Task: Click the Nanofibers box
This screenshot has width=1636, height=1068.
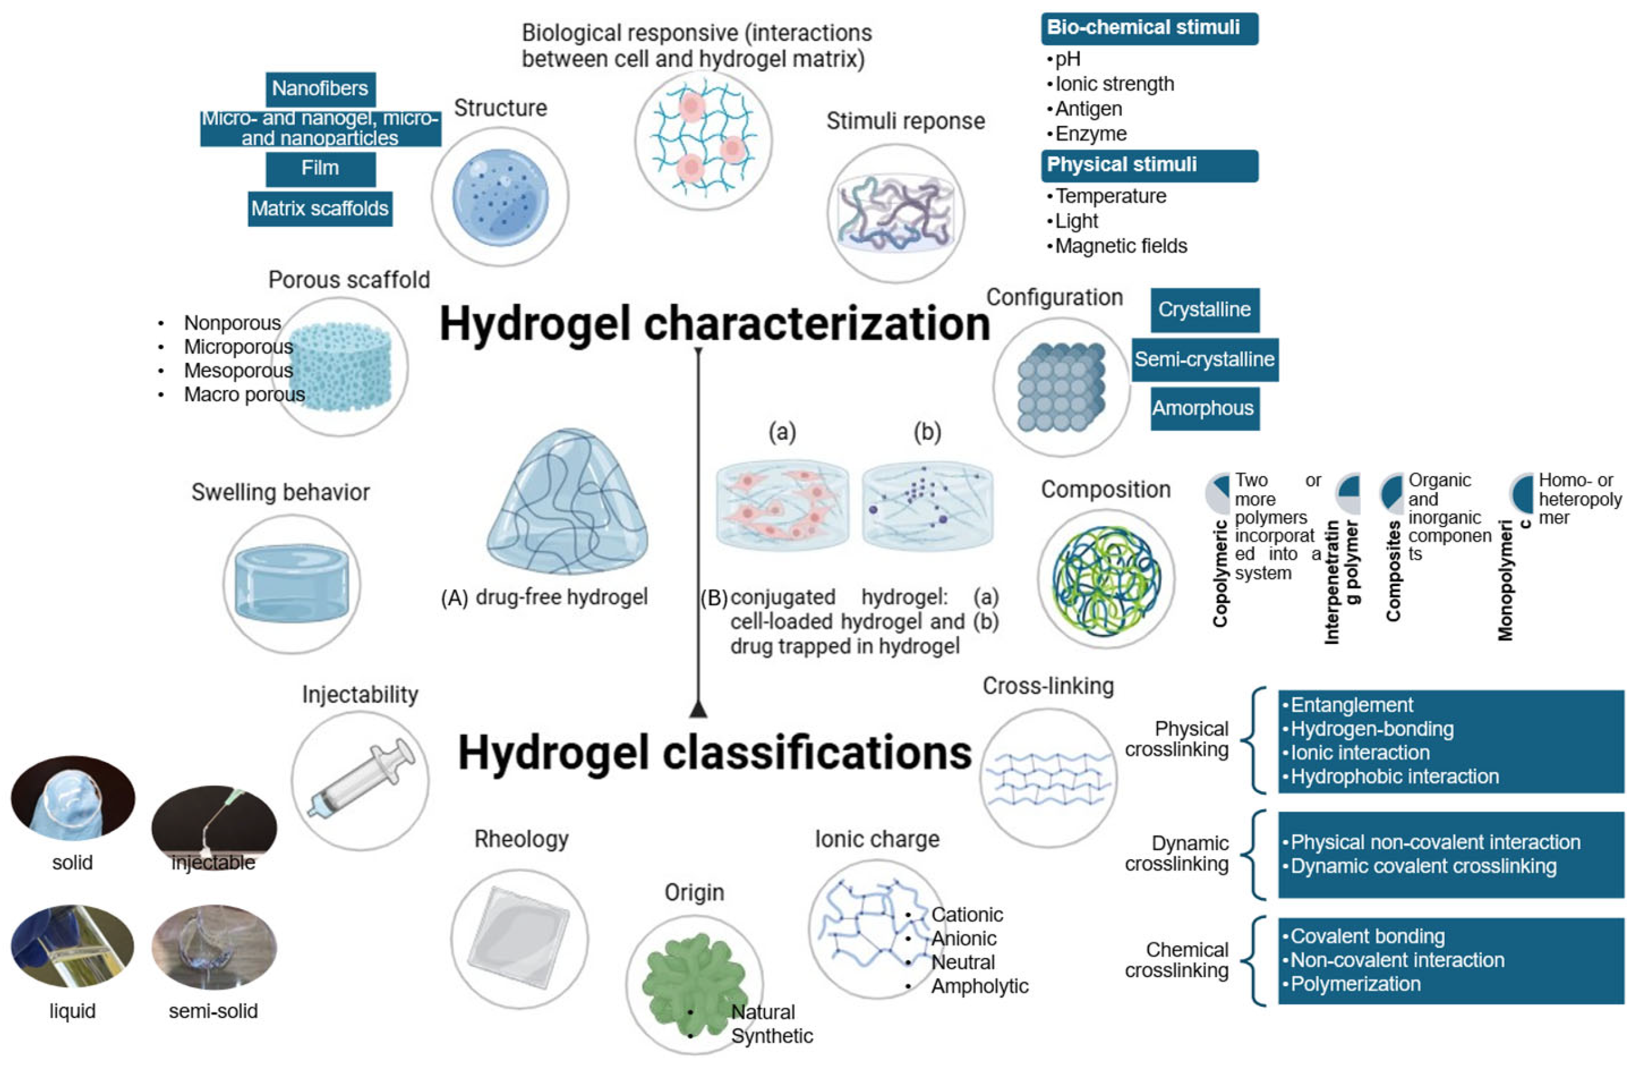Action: coord(320,88)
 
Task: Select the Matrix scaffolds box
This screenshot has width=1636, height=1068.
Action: coord(320,208)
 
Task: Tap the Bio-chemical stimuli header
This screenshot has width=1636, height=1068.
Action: coord(1148,28)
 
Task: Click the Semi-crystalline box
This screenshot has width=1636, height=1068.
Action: coord(1204,359)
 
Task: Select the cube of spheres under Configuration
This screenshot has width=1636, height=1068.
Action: coord(1061,387)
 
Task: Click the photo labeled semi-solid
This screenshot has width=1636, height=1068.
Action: coord(214,947)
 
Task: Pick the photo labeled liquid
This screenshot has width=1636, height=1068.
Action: coord(72,947)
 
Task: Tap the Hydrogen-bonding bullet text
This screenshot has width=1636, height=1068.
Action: coord(1371,729)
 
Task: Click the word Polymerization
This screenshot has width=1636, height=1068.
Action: coord(1355,984)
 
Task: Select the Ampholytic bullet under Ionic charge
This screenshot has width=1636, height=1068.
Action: coord(979,986)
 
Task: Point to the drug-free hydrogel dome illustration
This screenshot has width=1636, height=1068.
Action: coord(567,503)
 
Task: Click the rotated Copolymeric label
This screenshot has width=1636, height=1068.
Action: coord(1220,574)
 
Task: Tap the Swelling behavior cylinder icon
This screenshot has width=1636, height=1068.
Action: coord(291,584)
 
